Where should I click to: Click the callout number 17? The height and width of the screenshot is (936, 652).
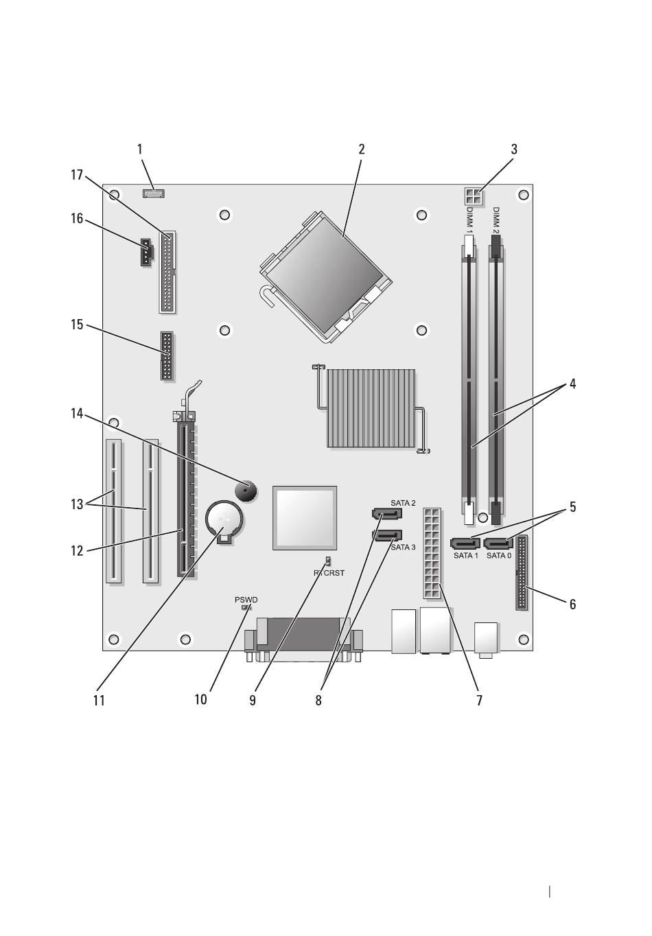(x=77, y=175)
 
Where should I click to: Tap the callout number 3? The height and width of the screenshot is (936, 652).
(x=514, y=149)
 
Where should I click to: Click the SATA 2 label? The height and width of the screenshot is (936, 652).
(x=403, y=503)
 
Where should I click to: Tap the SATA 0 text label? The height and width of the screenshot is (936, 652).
(x=499, y=555)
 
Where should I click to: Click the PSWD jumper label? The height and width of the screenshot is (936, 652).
(x=246, y=600)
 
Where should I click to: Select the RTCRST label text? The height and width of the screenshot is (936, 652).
(x=329, y=573)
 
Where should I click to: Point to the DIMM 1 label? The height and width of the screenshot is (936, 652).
(x=469, y=220)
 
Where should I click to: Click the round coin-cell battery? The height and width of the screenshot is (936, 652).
(x=224, y=520)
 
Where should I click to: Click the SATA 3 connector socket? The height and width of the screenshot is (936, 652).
(x=386, y=535)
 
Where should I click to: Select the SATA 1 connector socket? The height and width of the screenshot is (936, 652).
(x=465, y=543)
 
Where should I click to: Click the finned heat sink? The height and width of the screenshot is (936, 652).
(x=371, y=408)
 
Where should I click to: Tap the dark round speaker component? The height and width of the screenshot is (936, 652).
(x=246, y=491)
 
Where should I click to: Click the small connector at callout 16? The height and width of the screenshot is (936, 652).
(x=146, y=252)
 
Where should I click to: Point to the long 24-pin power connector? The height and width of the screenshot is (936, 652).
(x=432, y=553)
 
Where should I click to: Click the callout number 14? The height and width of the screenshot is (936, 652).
(x=77, y=414)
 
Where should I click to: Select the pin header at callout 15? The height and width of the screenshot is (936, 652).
(x=167, y=356)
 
